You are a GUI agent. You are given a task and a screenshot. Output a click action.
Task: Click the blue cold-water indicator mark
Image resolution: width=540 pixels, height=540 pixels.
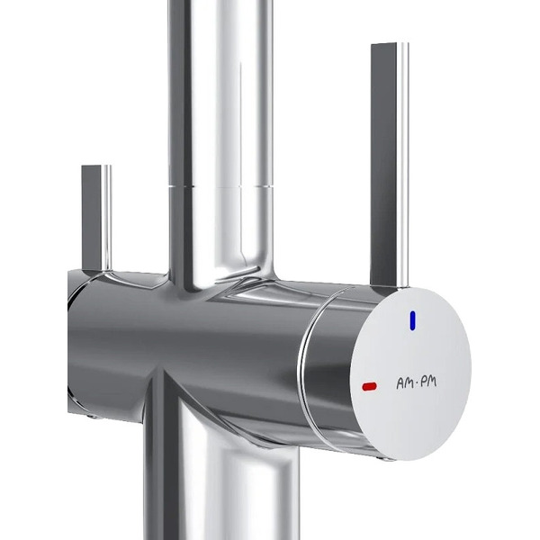pos(412,320)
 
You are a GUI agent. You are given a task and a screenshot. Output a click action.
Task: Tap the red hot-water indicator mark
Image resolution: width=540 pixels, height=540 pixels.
pos(370,387)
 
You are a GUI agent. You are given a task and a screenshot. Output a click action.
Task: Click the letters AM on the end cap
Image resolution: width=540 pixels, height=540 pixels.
pos(405,383)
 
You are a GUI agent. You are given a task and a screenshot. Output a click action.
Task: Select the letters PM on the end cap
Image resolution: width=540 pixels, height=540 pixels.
pos(428,382)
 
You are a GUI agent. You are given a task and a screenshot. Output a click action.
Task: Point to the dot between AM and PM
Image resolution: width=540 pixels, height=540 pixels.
pos(417,383)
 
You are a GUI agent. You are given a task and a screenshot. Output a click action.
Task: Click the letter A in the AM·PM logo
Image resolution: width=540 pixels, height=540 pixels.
pos(400,383)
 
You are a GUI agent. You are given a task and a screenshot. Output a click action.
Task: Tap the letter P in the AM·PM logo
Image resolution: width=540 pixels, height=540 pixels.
pos(424,382)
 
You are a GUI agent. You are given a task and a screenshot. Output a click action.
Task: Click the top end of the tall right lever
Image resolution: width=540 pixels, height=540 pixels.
pos(390,44)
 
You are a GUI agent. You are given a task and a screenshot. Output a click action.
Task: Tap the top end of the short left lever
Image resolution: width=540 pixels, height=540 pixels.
pos(96,166)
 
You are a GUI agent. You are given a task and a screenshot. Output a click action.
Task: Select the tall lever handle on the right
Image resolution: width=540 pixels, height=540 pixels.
pos(390,166)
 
